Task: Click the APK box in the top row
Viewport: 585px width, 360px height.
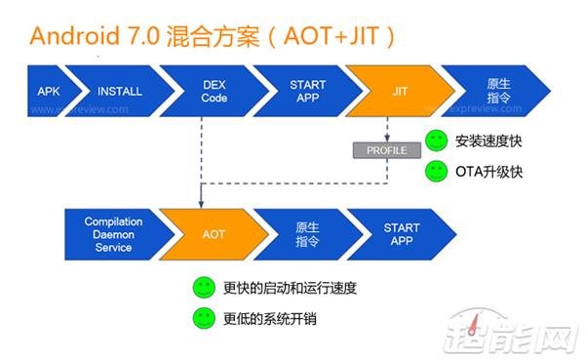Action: (x=48, y=91)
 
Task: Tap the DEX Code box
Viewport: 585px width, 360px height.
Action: (x=212, y=91)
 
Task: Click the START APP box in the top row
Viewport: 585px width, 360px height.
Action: (x=306, y=91)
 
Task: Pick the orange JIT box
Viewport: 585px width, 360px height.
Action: (x=398, y=91)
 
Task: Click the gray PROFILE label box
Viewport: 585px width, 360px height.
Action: (x=387, y=150)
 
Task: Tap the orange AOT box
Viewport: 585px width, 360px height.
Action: (x=213, y=234)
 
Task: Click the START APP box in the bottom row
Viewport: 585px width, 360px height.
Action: (x=400, y=234)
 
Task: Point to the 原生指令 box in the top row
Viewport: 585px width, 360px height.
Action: (x=494, y=91)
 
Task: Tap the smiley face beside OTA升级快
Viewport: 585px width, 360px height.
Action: (x=437, y=172)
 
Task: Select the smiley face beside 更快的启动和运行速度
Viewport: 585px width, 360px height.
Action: (x=204, y=288)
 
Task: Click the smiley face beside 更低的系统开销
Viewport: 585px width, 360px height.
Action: (x=204, y=318)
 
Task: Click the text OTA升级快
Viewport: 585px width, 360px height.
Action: (x=488, y=172)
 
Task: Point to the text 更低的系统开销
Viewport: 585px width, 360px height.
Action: (x=270, y=318)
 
